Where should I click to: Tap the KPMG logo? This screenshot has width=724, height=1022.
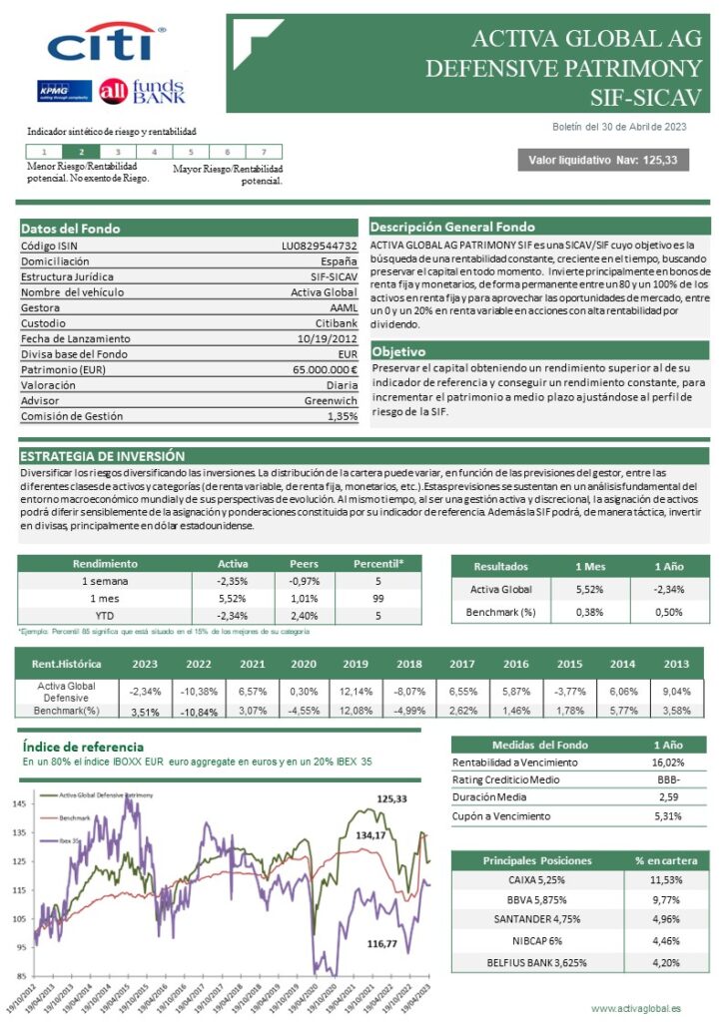pos(64,91)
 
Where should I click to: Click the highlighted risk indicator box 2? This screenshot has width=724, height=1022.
pos(81,152)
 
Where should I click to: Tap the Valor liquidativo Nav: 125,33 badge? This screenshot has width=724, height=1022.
pos(602,160)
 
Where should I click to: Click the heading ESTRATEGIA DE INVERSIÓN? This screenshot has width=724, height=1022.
pos(103,455)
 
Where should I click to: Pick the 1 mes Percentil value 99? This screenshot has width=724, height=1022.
pos(379,598)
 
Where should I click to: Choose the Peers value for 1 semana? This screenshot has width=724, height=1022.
pos(304,581)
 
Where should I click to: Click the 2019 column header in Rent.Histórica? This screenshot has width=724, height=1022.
pos(355,664)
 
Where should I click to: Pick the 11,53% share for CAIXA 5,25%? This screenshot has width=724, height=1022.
pos(665,880)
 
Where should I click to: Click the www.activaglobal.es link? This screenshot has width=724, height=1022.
pos(635,1009)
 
